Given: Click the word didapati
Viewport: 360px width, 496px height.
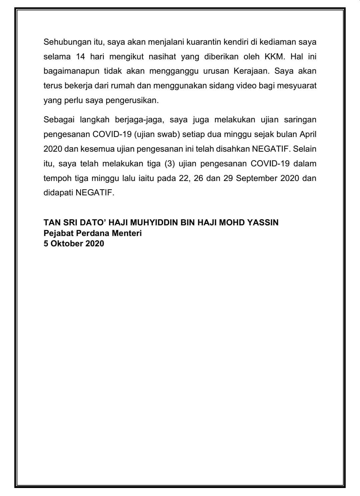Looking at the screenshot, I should (x=58, y=193).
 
